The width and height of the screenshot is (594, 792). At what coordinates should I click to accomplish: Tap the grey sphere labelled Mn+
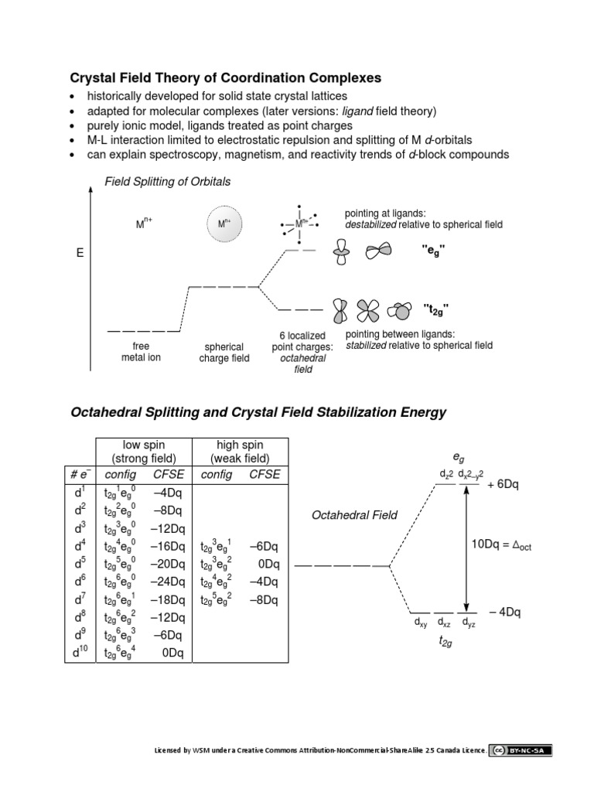point(224,225)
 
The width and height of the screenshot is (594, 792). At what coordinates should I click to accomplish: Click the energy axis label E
point(80,253)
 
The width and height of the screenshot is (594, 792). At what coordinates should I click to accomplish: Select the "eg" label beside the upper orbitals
point(434,251)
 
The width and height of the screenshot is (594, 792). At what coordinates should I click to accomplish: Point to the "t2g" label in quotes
point(435,311)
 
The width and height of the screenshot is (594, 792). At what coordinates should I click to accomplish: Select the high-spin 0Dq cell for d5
point(262,564)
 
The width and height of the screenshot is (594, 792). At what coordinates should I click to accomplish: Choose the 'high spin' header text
point(240,445)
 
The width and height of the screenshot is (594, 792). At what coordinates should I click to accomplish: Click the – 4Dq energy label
point(505,613)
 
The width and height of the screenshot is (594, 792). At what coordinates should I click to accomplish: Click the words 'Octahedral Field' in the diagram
point(354,515)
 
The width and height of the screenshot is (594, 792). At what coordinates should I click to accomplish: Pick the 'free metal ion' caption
point(141,352)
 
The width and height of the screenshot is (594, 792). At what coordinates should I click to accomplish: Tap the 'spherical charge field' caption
point(224,353)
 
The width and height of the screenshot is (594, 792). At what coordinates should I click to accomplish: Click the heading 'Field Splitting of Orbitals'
point(168,182)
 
